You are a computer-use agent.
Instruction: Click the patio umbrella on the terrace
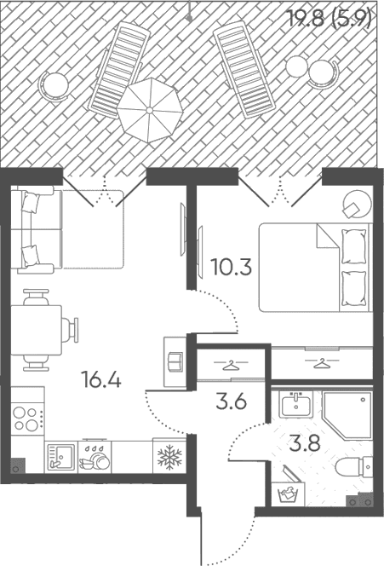[150, 110]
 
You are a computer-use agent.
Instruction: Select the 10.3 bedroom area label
[231, 268]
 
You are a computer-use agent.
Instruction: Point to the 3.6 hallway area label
[231, 401]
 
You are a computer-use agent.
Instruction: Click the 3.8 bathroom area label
[305, 443]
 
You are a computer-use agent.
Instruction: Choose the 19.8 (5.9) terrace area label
[330, 18]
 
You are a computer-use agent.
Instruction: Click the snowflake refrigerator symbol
[169, 456]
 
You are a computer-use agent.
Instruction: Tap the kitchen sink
[61, 457]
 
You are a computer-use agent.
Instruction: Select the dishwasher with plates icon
[95, 457]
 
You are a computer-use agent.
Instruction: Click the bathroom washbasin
[296, 405]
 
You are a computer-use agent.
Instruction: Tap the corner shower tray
[347, 415]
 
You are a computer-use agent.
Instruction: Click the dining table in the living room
[36, 330]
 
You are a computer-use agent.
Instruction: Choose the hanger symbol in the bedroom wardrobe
[322, 363]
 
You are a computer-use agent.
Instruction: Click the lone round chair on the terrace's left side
[54, 85]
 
